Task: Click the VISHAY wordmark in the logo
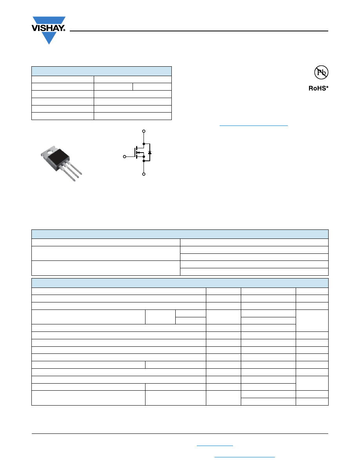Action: (48, 28)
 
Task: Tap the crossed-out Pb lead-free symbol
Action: (321, 72)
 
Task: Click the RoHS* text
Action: (318, 88)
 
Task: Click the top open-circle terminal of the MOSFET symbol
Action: (144, 131)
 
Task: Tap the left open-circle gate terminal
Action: (124, 157)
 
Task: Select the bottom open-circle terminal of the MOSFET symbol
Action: (144, 174)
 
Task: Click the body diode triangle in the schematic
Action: (150, 153)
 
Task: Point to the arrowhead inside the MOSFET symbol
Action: (138, 153)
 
